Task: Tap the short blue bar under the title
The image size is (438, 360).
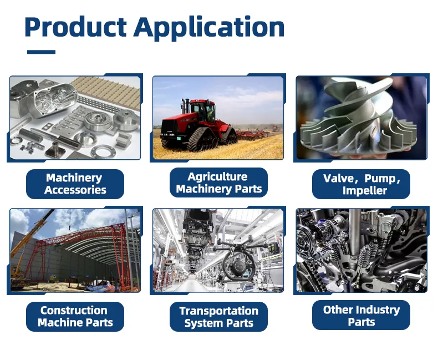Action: coord(41,52)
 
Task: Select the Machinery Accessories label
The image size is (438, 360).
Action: coord(75,184)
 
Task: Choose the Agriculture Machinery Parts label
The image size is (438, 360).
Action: coord(218,183)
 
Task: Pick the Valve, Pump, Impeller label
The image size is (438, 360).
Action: coord(361,184)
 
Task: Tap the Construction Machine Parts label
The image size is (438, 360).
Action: coord(75,316)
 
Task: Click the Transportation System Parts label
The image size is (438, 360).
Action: coord(218,317)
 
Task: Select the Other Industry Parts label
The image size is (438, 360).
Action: coord(361,316)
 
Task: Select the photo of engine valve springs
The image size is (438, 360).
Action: coord(361,250)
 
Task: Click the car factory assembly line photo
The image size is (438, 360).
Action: coord(218,250)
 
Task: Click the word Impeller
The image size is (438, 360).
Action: coord(364,190)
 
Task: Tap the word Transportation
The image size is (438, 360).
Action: coord(218,311)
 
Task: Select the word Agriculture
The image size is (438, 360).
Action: coord(217,177)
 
